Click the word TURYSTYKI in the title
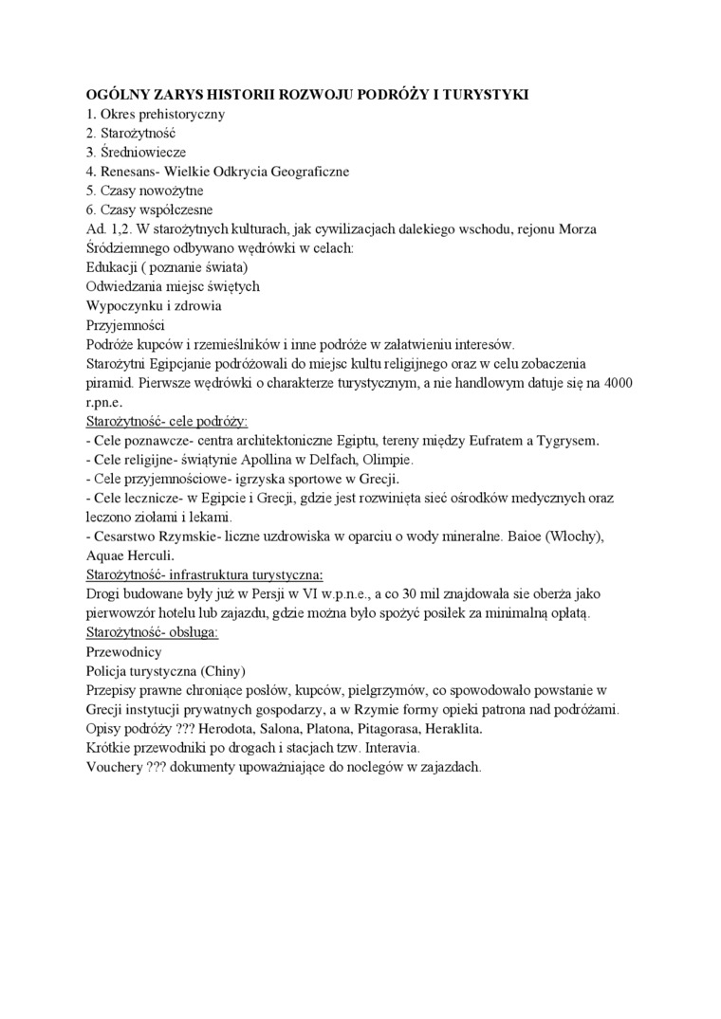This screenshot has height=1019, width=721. (483, 95)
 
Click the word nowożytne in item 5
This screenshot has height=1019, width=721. (174, 191)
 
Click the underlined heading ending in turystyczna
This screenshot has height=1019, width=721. (204, 574)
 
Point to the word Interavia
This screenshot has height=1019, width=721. (379, 748)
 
